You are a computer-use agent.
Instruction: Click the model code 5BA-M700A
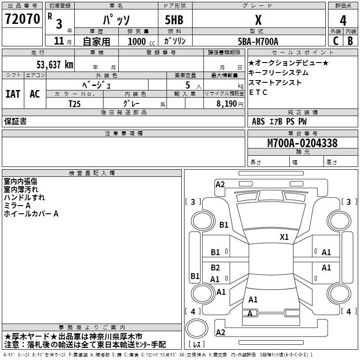258,41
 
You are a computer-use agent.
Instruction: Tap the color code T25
75,103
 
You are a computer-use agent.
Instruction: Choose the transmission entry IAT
13,94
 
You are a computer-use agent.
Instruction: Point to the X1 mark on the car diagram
284,237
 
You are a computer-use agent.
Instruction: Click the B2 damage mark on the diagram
216,268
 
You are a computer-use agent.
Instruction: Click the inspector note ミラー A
18,206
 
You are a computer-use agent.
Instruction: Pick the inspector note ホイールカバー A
31,214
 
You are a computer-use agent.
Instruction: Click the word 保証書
15,121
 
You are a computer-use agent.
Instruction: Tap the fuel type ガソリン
175,41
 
